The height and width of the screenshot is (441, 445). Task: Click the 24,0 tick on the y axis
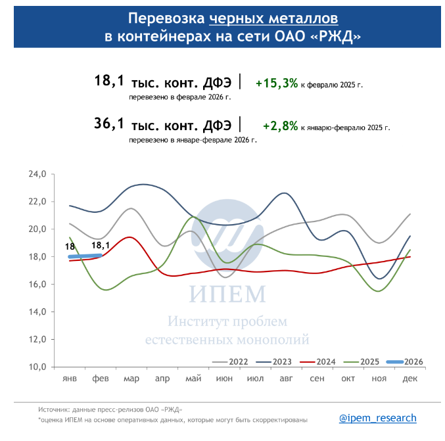pos(36,175)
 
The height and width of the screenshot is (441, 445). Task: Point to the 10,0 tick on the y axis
pos(36,367)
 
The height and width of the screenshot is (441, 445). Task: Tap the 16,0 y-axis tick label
pos(36,285)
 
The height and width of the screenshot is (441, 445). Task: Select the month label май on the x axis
pos(193,379)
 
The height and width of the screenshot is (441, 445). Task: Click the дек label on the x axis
pos(410,379)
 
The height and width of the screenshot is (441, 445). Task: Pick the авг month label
pos(286,379)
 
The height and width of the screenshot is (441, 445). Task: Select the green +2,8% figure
pos(280,126)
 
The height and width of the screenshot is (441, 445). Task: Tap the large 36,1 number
pos(109,124)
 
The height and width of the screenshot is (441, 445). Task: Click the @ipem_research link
pos(377,418)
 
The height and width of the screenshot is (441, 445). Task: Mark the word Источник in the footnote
pos(53,409)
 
